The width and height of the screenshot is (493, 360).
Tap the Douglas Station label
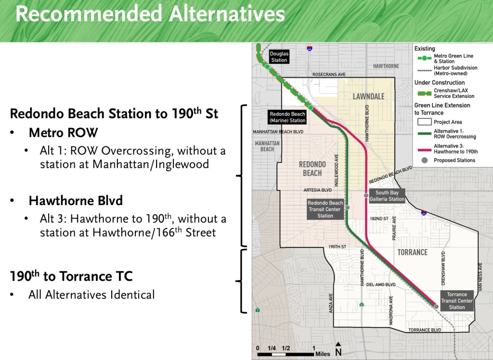(279, 57)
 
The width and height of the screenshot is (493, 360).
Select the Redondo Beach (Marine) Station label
(287, 117)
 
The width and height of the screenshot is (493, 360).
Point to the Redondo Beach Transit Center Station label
(325, 209)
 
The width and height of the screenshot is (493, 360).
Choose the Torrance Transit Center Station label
(457, 301)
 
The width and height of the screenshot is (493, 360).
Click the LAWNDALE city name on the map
(368, 96)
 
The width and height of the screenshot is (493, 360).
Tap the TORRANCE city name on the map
(412, 252)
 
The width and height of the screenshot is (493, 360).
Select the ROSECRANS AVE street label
(329, 75)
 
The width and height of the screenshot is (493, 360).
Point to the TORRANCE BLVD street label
(425, 330)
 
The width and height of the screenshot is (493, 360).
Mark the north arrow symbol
(338, 350)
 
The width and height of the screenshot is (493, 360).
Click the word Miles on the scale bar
(323, 354)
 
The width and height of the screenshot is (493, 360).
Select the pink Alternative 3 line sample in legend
(423, 148)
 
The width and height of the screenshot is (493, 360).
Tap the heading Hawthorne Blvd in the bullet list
(76, 200)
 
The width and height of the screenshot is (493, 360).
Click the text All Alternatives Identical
(91, 295)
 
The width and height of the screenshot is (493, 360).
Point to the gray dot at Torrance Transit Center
(436, 307)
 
